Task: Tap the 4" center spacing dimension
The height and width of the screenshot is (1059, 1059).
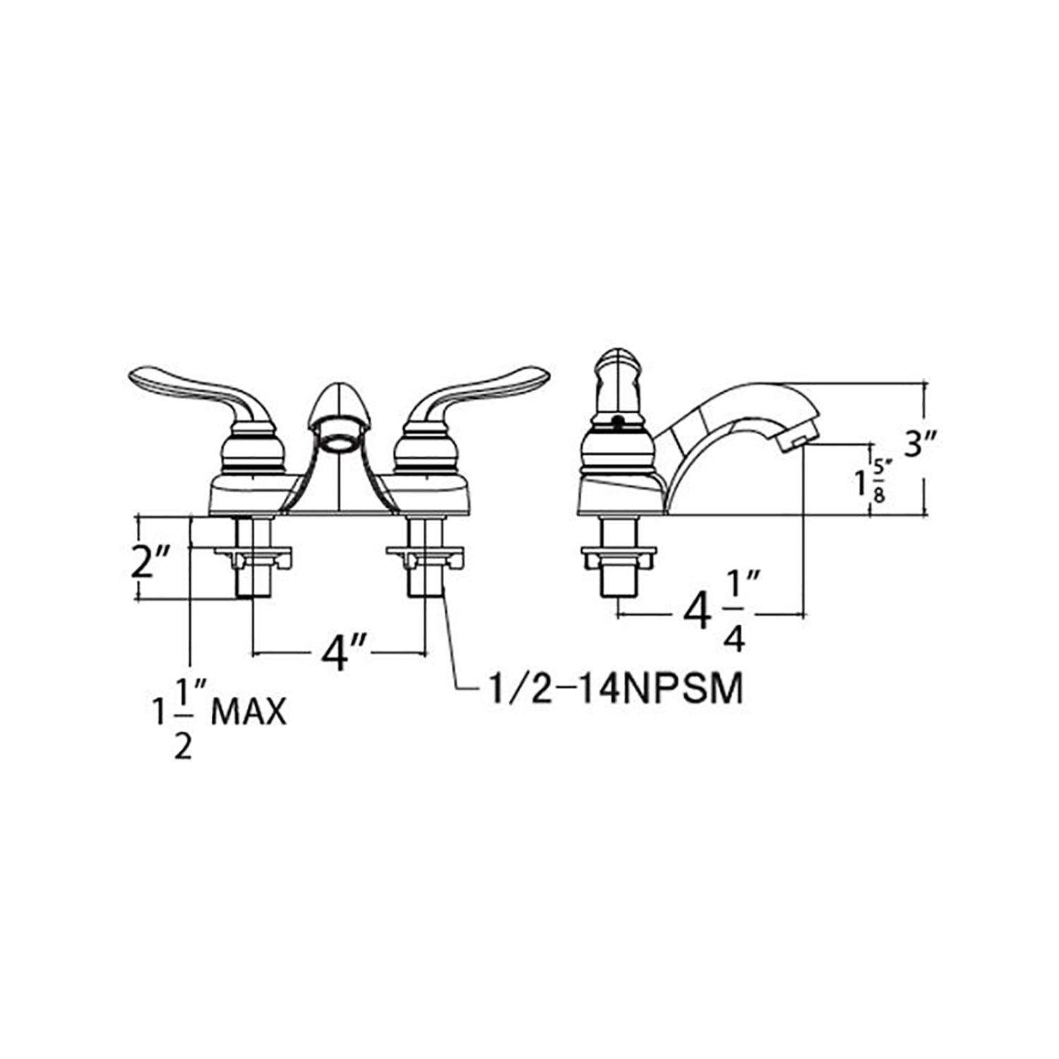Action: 340,653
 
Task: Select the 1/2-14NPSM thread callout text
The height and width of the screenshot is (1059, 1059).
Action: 611,690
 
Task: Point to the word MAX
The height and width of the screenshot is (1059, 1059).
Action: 249,714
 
